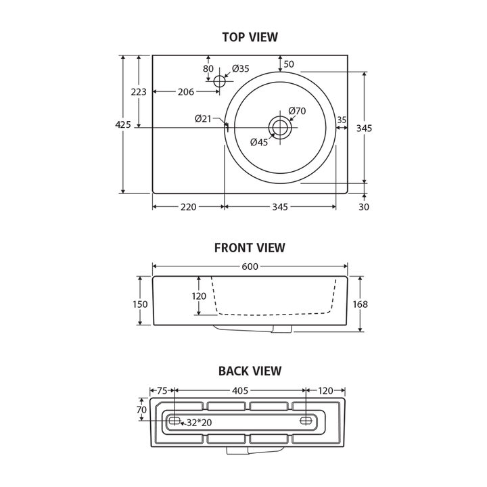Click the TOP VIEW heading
(250, 37)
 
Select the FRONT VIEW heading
(250, 248)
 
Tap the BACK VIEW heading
(250, 371)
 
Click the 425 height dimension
(123, 124)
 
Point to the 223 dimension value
(139, 92)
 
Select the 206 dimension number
(185, 92)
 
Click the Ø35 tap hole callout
(240, 68)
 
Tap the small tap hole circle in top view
(218, 81)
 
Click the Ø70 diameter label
(297, 111)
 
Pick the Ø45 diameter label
(259, 142)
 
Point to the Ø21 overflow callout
(204, 118)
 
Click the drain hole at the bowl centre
(280, 126)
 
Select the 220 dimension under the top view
(188, 207)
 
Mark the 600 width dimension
(250, 266)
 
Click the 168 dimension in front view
(361, 304)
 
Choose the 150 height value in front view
(139, 304)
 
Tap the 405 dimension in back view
(240, 390)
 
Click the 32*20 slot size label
(200, 423)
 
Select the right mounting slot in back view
(306, 421)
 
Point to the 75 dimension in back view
(162, 390)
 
